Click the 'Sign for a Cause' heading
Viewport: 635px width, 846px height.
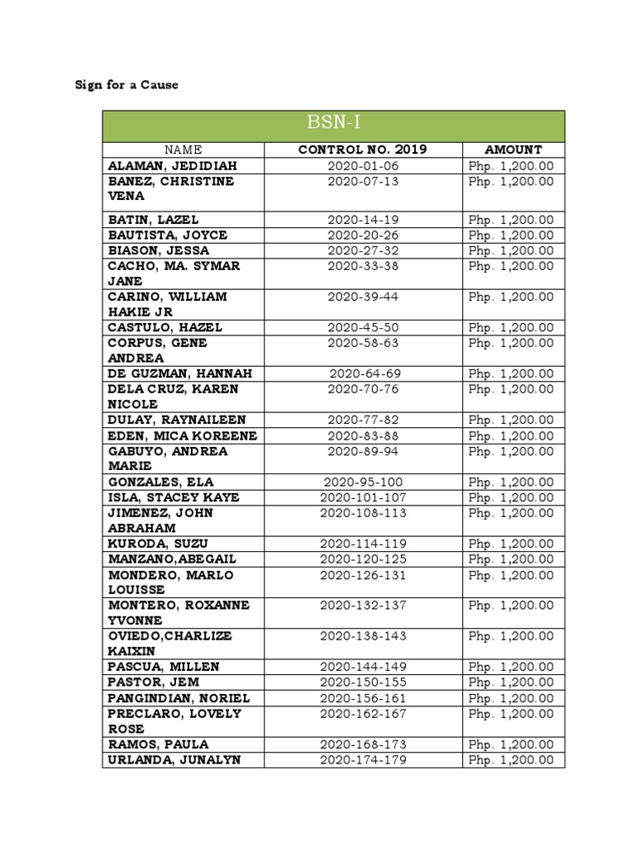pyautogui.click(x=127, y=84)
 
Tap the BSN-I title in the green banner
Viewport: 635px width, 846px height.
pyautogui.click(x=333, y=125)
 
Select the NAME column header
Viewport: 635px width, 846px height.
pyautogui.click(x=183, y=150)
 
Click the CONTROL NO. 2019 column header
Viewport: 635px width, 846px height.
pyautogui.click(x=362, y=150)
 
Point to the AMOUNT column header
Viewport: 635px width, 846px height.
pyautogui.click(x=513, y=150)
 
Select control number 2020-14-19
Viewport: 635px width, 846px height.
pyautogui.click(x=362, y=220)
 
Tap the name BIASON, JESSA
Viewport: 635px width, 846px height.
pyautogui.click(x=159, y=250)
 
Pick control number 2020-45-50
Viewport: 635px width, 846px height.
pyautogui.click(x=362, y=327)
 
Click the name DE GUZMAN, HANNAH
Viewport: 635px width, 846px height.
pyautogui.click(x=179, y=373)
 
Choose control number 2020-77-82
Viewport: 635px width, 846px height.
pyautogui.click(x=362, y=420)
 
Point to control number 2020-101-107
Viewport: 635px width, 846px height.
pyautogui.click(x=362, y=497)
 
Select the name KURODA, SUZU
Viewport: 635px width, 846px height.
pyautogui.click(x=158, y=544)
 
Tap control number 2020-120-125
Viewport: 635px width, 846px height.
pyautogui.click(x=362, y=559)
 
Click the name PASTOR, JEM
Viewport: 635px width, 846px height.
pyautogui.click(x=154, y=682)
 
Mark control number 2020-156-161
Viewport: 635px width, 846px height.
pyautogui.click(x=362, y=697)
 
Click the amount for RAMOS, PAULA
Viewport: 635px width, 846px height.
pyautogui.click(x=511, y=744)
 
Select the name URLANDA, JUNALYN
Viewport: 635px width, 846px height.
pyautogui.click(x=174, y=759)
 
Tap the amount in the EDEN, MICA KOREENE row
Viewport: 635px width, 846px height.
pyautogui.click(x=511, y=435)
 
